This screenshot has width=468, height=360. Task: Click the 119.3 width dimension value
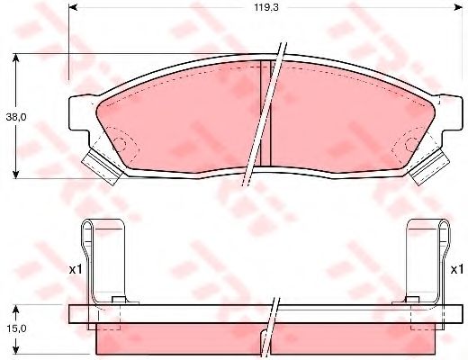(266, 7)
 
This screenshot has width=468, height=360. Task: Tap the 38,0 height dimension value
(16, 117)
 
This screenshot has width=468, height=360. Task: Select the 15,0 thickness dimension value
(16, 328)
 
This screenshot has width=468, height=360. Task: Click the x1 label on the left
(76, 270)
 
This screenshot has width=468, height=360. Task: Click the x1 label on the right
(457, 270)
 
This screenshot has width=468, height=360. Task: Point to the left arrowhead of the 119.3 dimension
(73, 7)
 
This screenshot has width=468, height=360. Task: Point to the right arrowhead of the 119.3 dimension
(458, 7)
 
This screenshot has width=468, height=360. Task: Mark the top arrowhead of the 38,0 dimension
(16, 58)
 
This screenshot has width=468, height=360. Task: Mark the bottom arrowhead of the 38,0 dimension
(16, 175)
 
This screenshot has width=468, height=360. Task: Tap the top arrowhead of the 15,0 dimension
(16, 310)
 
